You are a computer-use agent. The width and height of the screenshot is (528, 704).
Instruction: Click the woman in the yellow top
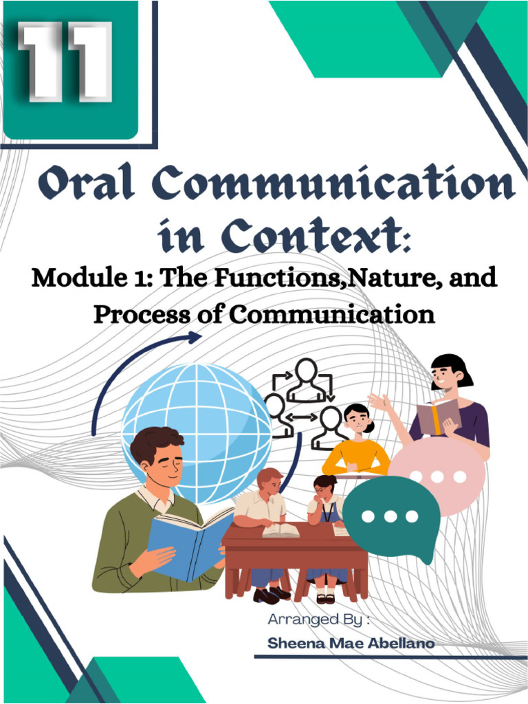(356, 443)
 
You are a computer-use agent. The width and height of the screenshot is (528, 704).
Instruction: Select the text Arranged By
(320, 619)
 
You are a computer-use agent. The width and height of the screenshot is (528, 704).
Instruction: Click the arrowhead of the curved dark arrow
(195, 337)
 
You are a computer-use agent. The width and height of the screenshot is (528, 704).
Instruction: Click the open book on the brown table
(280, 530)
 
